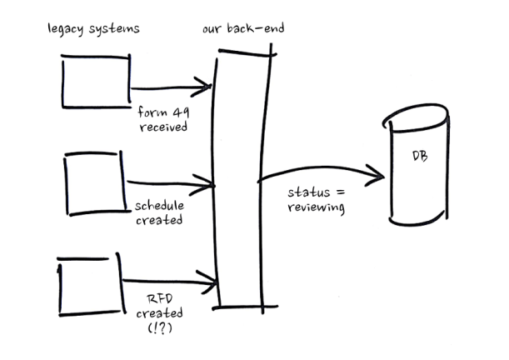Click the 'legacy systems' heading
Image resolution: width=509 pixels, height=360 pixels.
[92, 30]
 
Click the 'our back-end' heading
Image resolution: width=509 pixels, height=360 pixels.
[243, 30]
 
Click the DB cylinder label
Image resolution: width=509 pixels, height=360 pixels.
[421, 157]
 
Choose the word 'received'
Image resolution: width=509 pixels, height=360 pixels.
[164, 128]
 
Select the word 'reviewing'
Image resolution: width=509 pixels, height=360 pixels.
[316, 207]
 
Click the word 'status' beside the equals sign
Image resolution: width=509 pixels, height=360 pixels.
[305, 192]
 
